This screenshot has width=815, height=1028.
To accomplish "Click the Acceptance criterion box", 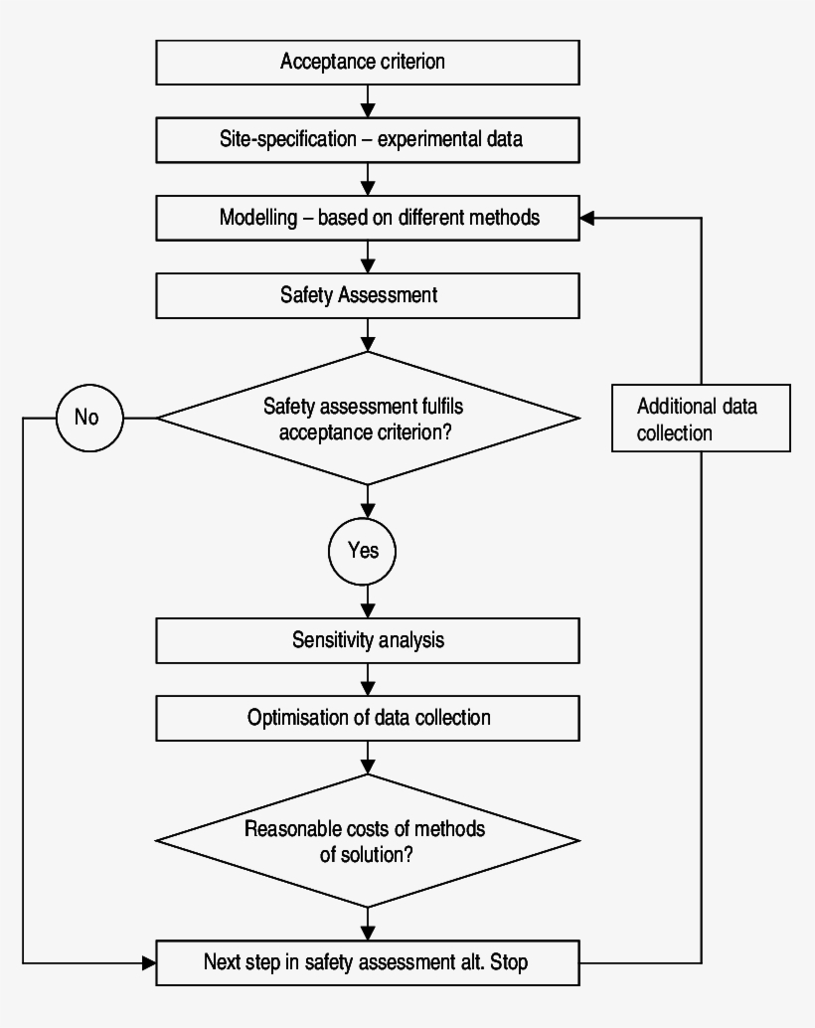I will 368,62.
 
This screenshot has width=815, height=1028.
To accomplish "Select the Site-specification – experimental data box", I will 368,140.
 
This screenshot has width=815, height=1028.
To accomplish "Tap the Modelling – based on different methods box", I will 368,218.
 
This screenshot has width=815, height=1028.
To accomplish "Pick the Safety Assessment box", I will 368,295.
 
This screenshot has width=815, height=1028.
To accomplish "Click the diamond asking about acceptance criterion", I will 368,418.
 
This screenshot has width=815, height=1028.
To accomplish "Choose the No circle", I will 88,418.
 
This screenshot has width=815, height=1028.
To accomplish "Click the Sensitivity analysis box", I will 368,639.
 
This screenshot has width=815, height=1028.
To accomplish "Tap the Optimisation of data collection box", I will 368,717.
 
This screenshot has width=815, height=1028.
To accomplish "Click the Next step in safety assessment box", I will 368,962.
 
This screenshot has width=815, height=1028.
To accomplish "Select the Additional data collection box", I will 702,419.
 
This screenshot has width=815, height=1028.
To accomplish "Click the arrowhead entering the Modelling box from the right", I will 587,218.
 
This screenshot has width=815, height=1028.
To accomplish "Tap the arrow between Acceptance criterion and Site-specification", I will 368,101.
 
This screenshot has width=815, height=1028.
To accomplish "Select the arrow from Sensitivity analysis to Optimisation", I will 368,679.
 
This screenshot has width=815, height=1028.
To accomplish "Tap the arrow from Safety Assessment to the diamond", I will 368,336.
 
